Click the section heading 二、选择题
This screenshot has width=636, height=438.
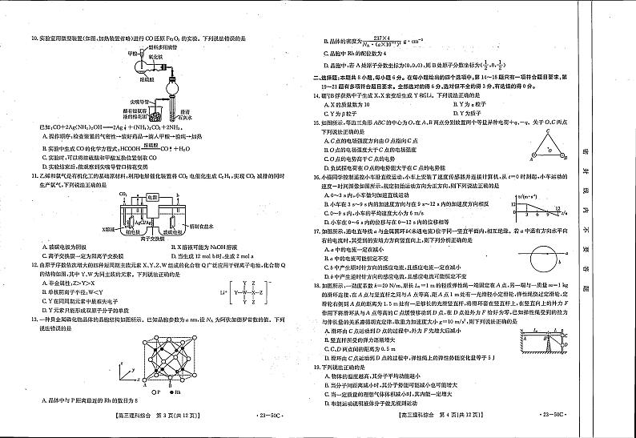tap(330, 77)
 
